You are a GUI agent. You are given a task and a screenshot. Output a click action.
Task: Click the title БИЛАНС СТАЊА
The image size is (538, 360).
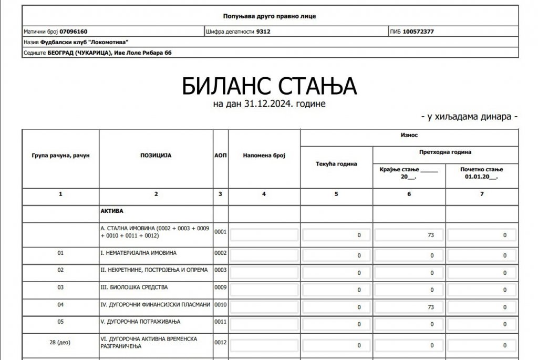click(269, 86)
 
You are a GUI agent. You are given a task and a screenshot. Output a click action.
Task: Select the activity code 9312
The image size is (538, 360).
click(263, 32)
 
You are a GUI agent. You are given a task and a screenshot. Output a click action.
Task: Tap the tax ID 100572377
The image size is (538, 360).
click(418, 32)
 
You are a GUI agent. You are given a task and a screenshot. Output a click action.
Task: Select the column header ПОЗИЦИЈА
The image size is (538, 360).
click(156, 156)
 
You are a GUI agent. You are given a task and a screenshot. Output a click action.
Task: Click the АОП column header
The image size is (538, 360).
click(220, 156)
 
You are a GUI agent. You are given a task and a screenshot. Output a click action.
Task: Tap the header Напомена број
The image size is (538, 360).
click(264, 156)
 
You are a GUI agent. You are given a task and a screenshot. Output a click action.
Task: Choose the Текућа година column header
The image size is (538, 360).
click(336, 164)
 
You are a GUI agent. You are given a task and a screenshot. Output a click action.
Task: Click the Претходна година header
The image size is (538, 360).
click(445, 152)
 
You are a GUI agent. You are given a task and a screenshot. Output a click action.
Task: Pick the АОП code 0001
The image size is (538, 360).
click(220, 231)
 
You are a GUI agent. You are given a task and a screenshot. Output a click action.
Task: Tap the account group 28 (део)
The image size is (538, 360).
click(60, 342)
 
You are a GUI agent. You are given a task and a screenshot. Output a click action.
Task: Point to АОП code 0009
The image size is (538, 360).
click(220, 289)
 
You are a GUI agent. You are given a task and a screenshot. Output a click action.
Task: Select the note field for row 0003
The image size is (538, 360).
click(264, 273)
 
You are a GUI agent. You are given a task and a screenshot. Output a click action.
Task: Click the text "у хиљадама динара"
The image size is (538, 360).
click(469, 117)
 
